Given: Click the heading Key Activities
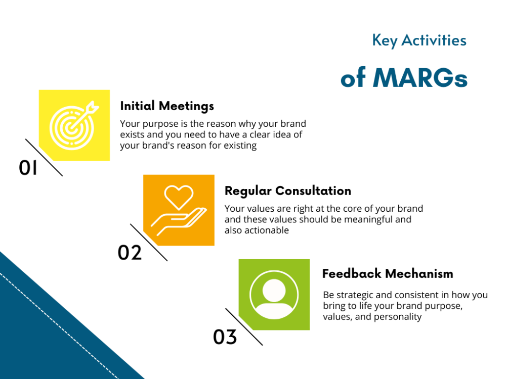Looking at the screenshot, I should tap(419, 40).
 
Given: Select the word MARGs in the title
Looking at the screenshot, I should tap(420, 78).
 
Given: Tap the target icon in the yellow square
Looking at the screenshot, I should tap(72, 125).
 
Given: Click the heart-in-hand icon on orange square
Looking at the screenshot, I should tap(179, 210).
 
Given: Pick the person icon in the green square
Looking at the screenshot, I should tap(274, 295).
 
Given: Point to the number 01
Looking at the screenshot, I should tap(28, 168).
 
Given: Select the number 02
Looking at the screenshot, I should tap(130, 253).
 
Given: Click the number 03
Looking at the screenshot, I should tap(225, 337).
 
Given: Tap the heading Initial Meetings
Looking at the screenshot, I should tap(167, 106).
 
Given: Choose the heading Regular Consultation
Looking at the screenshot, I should tap(287, 191).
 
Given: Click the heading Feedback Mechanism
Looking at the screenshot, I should tap(388, 274).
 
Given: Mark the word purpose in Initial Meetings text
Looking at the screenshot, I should tap(156, 124).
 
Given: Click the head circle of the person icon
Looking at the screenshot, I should tap(274, 290).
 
